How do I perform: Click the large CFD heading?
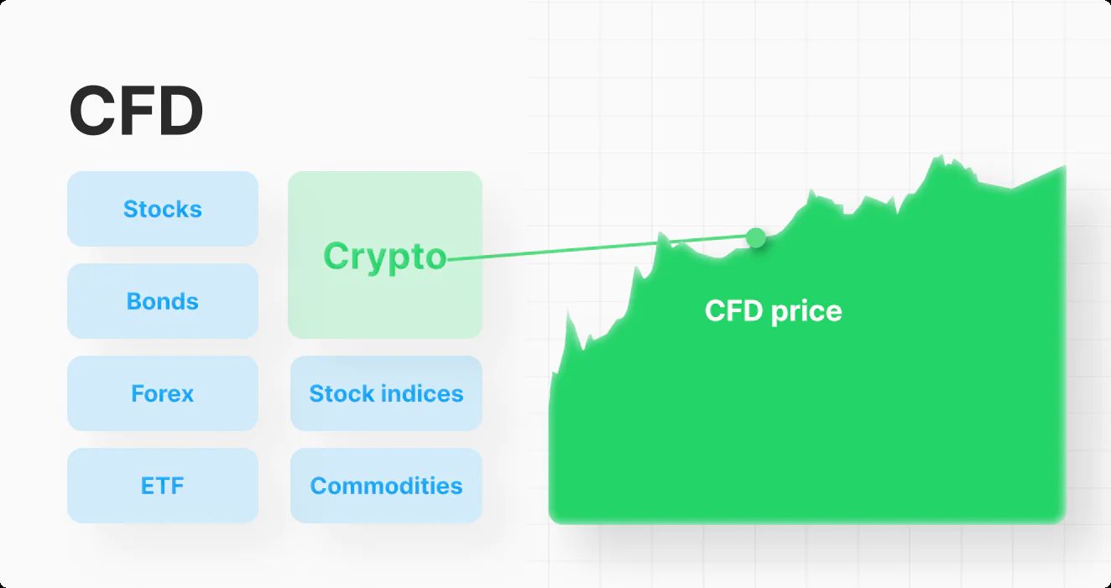tap(136, 110)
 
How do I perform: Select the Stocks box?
tap(163, 209)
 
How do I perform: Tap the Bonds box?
tap(163, 301)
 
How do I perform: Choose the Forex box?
tap(163, 393)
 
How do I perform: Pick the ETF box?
tap(163, 486)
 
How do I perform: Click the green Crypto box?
tap(385, 255)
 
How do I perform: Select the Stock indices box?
tap(386, 393)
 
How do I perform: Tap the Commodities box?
tap(386, 486)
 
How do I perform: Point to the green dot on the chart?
tap(756, 238)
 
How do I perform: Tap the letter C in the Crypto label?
tap(336, 256)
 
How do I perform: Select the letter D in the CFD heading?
tap(180, 110)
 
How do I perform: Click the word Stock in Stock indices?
tap(340, 393)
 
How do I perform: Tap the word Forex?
tap(163, 393)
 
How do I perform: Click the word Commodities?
tap(386, 486)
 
